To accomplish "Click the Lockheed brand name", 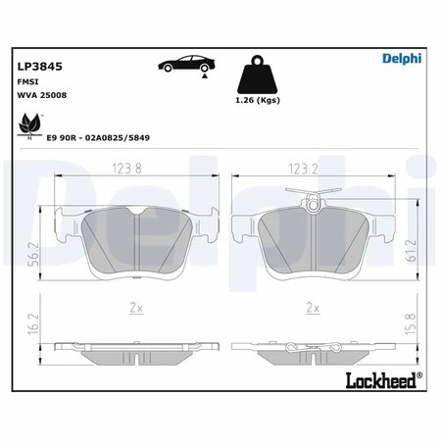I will click(x=380, y=380).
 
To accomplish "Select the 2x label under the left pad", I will click(x=137, y=308).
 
